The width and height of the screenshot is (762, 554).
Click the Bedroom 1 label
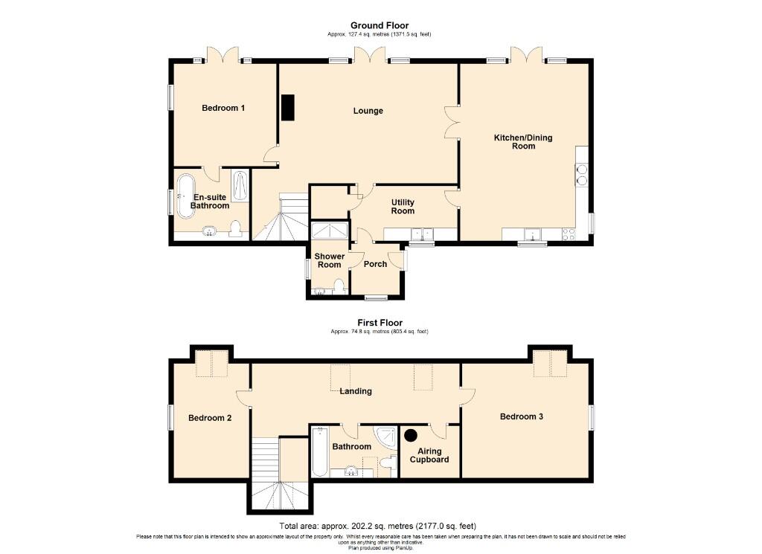(223, 108)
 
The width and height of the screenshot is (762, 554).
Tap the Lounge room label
(368, 111)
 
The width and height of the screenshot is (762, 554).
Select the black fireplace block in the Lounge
(288, 107)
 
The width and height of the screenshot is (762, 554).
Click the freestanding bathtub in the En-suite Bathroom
(185, 196)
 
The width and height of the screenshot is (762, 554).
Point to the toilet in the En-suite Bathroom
(236, 229)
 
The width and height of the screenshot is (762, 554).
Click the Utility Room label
(403, 206)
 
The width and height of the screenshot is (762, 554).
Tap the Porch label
(375, 264)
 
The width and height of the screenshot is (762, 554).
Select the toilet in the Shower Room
(339, 286)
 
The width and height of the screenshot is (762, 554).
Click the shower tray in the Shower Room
(330, 231)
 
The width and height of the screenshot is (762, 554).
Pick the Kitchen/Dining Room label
(523, 142)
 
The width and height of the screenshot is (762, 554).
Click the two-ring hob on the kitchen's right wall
(581, 175)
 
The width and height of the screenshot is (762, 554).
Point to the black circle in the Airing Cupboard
(411, 436)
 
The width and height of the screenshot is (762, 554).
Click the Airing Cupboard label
(429, 455)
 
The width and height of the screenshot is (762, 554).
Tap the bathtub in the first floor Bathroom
(320, 451)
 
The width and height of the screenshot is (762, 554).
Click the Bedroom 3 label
(522, 416)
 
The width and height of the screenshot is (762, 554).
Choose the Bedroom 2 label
(210, 418)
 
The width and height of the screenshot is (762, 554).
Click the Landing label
(356, 391)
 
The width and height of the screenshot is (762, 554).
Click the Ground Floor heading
(380, 25)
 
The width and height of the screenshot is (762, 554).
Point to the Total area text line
(377, 526)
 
